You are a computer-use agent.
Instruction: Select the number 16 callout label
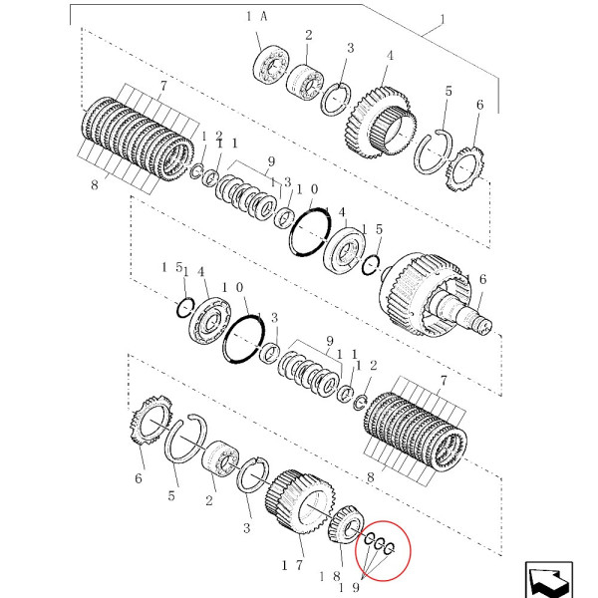tap(478, 281)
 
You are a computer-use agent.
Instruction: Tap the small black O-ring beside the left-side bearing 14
tap(184, 307)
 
